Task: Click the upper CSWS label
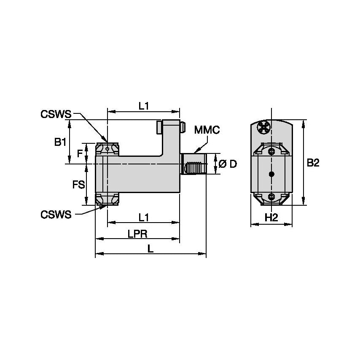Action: tap(56, 114)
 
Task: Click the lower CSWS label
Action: tap(56, 215)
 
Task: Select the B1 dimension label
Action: tap(60, 142)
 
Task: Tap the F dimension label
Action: tap(80, 153)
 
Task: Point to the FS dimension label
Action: tap(78, 184)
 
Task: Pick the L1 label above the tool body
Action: tap(144, 106)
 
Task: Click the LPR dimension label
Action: tap(137, 234)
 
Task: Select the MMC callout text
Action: tap(207, 130)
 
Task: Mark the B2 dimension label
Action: tap(313, 163)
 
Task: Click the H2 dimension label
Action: tap(271, 218)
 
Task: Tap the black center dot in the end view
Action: tap(271, 174)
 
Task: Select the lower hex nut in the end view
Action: tap(271, 196)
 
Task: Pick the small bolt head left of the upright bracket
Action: tap(159, 126)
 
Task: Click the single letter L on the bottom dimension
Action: tap(150, 249)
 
